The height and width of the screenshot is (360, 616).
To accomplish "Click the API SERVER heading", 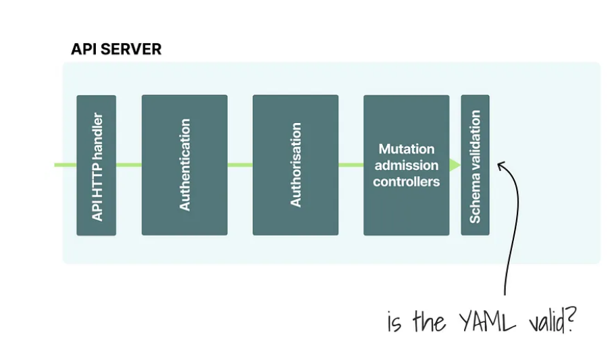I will click(116, 49).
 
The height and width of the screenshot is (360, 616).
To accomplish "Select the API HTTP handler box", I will click(96, 165).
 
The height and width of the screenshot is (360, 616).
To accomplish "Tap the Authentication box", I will click(184, 165).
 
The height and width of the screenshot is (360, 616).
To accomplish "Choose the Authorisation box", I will click(295, 165).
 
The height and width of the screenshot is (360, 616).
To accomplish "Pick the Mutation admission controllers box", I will click(406, 165).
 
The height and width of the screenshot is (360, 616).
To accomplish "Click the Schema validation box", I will click(475, 165).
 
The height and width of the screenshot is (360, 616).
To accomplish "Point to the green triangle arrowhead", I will click(455, 165).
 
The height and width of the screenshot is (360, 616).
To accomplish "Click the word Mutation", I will click(406, 149).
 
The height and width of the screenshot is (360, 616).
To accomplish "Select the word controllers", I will click(406, 182).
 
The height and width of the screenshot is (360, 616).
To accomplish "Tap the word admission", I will click(406, 165).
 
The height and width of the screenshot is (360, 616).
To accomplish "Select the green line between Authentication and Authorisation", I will click(240, 165).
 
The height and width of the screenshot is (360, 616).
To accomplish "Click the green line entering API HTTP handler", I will click(66, 165).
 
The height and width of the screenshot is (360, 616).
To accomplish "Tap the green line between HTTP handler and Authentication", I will click(128, 165).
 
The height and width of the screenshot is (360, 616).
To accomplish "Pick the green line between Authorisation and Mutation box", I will click(351, 165).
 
